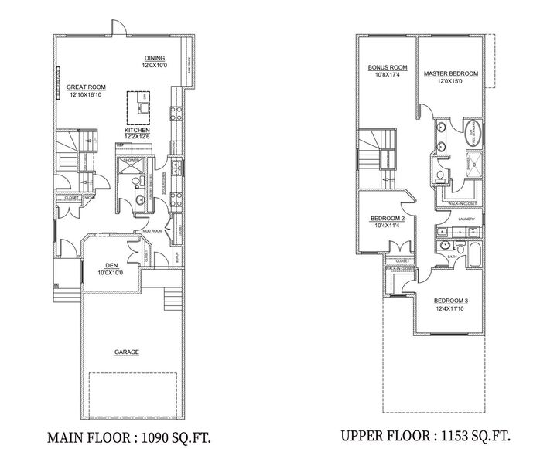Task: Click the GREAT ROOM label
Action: tap(86, 87)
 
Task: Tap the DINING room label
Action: tap(155, 58)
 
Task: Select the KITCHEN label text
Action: tap(136, 130)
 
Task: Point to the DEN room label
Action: tap(111, 267)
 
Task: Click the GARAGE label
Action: tap(127, 352)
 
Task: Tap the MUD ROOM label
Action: tap(152, 231)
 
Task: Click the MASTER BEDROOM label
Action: tap(451, 73)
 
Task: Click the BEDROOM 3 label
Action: tap(449, 300)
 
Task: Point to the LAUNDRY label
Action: tap(466, 219)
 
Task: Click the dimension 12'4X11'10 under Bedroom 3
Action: tap(449, 308)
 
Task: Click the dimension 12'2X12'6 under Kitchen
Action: tap(136, 137)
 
